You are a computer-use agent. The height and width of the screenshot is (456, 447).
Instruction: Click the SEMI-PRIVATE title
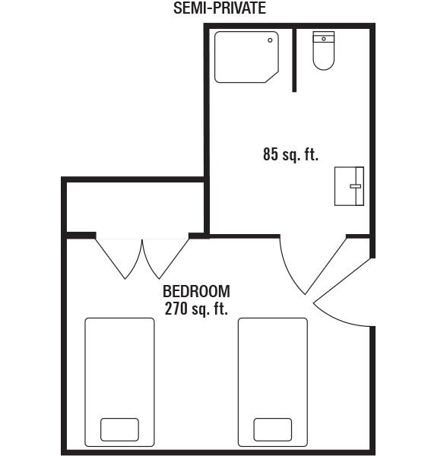click(x=220, y=8)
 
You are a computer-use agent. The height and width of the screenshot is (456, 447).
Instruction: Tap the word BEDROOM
click(x=196, y=291)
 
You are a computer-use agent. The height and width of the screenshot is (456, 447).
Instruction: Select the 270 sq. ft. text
click(x=196, y=309)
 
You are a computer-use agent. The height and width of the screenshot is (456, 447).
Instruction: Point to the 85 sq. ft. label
click(x=290, y=154)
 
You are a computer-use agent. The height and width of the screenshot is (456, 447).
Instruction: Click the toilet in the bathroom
click(x=323, y=51)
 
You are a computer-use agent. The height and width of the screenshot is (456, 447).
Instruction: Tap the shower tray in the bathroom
click(x=246, y=57)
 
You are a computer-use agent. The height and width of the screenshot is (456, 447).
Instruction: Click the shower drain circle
click(x=270, y=40)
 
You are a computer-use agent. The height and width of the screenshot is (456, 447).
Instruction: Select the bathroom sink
click(x=349, y=186)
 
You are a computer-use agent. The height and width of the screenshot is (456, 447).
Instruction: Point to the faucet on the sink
click(x=355, y=186)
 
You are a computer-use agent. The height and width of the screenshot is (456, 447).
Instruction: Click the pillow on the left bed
click(x=119, y=429)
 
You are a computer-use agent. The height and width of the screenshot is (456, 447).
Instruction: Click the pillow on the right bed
click(x=272, y=429)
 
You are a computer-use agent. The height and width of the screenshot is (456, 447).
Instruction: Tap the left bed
click(x=119, y=382)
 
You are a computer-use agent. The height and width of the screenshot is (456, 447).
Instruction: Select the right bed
click(x=272, y=382)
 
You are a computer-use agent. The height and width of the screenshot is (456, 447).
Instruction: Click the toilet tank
click(x=323, y=37)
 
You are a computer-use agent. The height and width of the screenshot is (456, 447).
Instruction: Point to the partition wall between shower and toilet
click(x=294, y=60)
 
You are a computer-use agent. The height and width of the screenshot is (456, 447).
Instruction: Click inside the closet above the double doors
click(x=135, y=207)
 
